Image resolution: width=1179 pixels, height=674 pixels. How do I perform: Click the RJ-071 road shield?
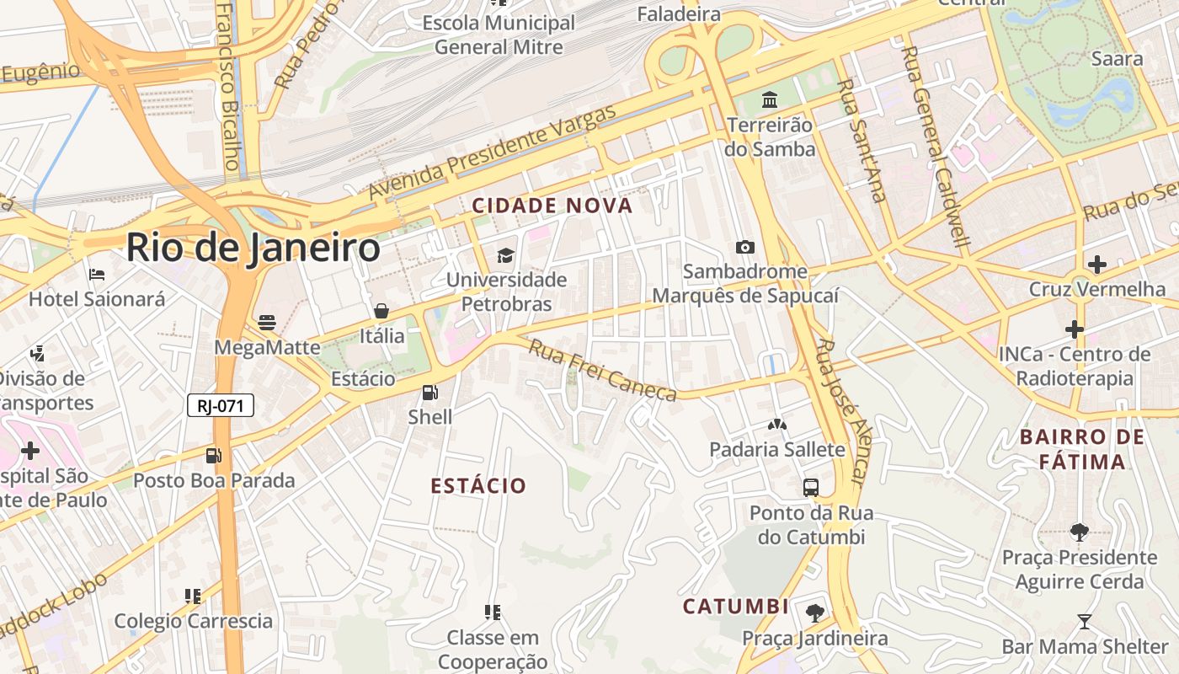click(x=220, y=406)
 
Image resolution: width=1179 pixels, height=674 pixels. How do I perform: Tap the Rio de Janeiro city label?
click(x=253, y=249)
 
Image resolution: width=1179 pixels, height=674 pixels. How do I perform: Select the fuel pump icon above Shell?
click(x=429, y=393)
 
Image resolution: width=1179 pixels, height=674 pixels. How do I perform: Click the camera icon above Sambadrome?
click(x=744, y=247)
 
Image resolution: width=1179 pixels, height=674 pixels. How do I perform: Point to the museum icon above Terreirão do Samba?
click(x=770, y=101)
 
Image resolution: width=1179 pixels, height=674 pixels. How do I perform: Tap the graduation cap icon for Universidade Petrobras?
click(x=505, y=254)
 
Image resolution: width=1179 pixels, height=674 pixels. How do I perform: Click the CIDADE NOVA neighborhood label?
click(x=552, y=206)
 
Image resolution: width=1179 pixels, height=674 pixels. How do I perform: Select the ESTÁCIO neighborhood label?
click(x=478, y=486)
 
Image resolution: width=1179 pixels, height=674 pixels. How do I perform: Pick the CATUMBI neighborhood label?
click(x=735, y=607)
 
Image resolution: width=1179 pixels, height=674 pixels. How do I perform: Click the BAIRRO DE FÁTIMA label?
click(x=1082, y=449)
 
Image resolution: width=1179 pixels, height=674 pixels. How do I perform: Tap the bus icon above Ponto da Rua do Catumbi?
click(x=811, y=488)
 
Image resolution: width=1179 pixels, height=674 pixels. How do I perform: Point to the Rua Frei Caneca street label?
click(x=602, y=371)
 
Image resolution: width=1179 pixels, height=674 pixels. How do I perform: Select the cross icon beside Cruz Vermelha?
click(x=1096, y=265)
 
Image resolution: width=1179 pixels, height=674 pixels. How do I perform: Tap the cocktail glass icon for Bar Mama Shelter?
click(x=1085, y=622)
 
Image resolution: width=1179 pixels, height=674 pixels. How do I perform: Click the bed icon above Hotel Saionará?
click(x=96, y=275)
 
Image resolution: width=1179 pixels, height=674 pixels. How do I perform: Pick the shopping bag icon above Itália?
click(x=381, y=311)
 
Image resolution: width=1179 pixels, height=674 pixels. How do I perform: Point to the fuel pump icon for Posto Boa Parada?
click(x=214, y=456)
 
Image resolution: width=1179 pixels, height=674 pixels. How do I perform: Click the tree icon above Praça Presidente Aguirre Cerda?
click(x=1079, y=532)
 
